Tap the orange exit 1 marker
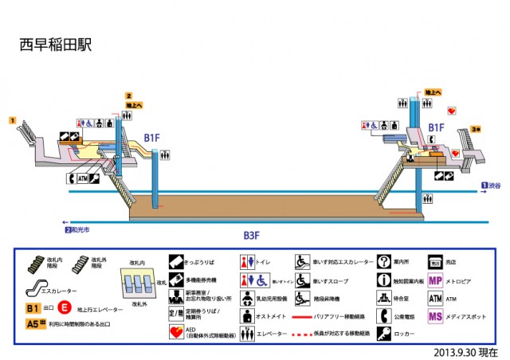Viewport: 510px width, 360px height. click(x=13, y=119)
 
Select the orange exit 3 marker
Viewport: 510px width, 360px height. click(x=475, y=128)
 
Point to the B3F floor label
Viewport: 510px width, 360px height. click(x=253, y=236)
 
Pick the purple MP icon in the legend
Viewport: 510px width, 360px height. click(x=435, y=280)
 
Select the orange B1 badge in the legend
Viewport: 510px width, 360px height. click(x=32, y=307)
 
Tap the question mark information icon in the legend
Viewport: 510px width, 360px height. click(x=383, y=261)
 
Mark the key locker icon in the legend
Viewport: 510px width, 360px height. click(x=383, y=335)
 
